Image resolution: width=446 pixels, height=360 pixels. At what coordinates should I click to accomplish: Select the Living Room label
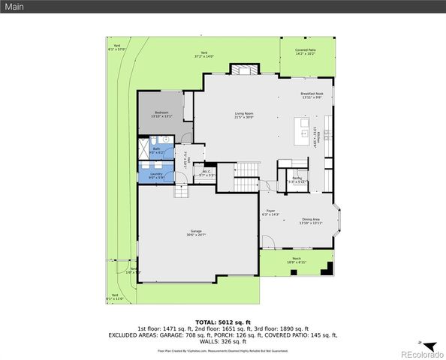[244, 113]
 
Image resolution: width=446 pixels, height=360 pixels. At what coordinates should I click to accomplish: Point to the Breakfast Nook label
[311, 94]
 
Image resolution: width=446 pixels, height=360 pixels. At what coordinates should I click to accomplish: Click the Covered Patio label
[305, 50]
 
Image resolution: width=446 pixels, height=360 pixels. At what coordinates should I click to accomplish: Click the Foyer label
[270, 211]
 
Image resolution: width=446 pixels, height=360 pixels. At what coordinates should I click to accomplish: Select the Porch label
[297, 259]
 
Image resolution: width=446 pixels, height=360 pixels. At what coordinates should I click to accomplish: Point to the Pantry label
[297, 178]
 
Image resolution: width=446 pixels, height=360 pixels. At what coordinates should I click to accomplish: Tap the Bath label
[156, 148]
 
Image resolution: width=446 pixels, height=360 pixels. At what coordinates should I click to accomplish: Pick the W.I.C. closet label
[206, 172]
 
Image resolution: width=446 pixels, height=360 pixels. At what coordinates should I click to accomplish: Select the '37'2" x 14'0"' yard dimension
[204, 55]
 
